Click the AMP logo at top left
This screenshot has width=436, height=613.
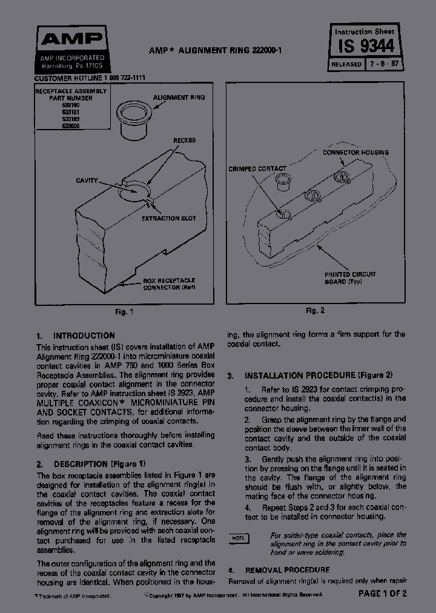coord(71,40)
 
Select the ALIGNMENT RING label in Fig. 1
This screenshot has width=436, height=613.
coord(179,98)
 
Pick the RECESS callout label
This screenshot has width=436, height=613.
coord(184,141)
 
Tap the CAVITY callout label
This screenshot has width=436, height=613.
coord(87,181)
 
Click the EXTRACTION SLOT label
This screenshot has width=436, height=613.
coord(168,218)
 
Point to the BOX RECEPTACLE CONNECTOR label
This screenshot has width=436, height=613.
coord(170,285)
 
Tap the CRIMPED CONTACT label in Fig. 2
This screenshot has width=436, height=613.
coord(257,168)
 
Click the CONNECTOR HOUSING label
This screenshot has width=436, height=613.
coord(355,153)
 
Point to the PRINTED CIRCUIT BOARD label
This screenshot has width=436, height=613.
coord(350,278)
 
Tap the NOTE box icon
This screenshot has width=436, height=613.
coord(239,538)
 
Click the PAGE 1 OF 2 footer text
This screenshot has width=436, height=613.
coord(382,594)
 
